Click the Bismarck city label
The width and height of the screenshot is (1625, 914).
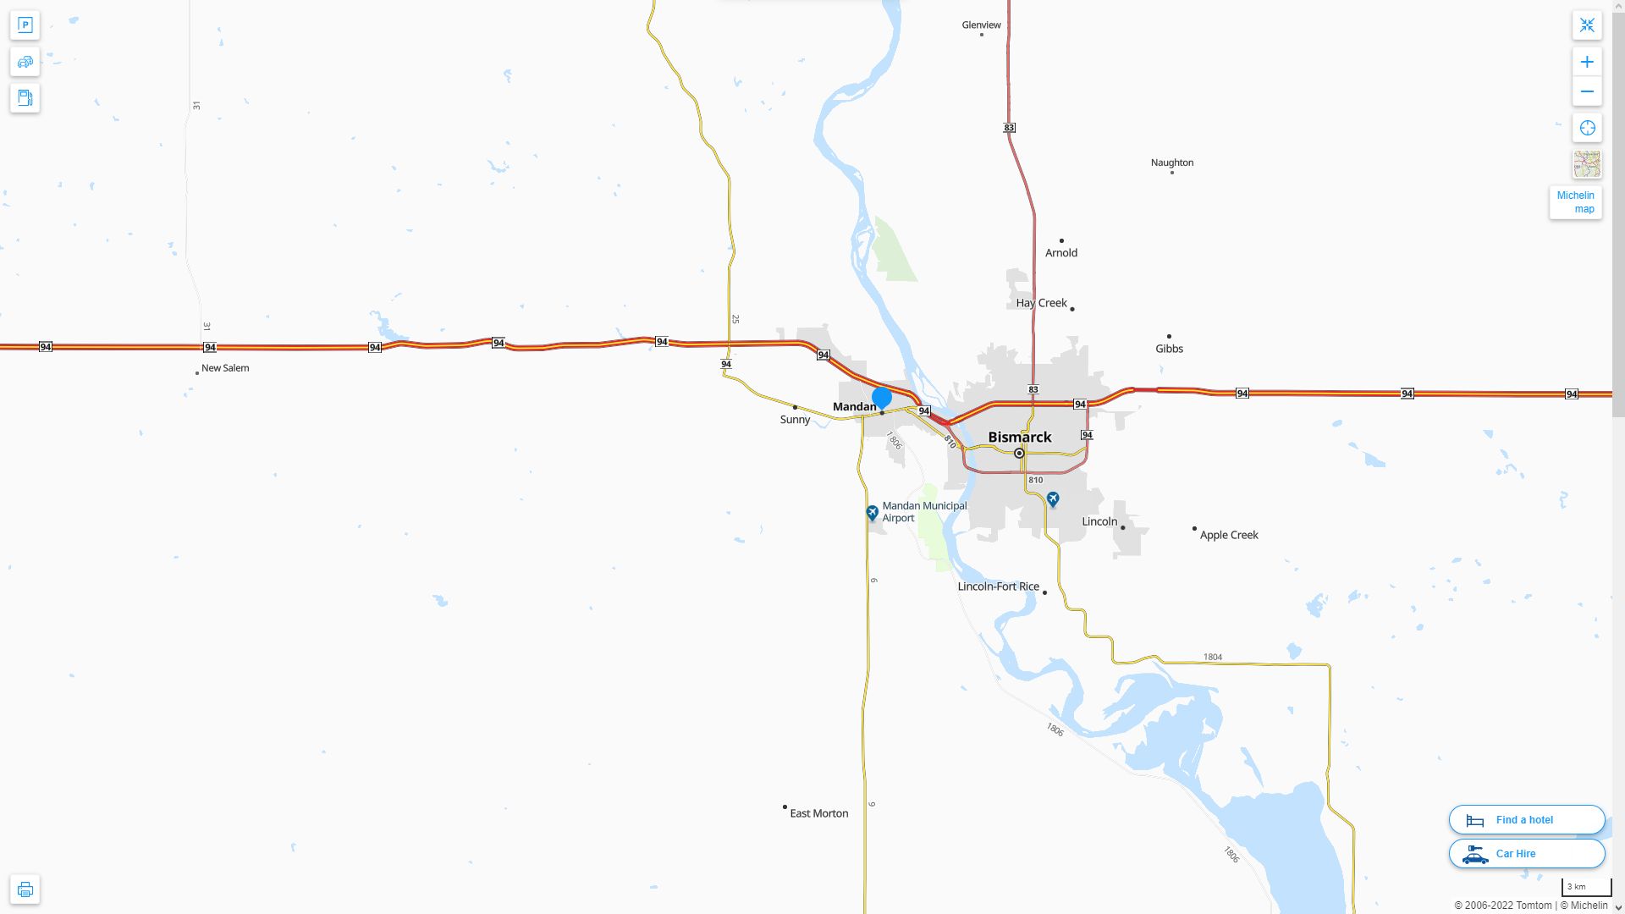[1020, 438]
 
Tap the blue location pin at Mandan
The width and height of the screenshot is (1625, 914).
[882, 398]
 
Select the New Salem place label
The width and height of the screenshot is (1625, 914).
[225, 368]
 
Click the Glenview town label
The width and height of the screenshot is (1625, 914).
[981, 25]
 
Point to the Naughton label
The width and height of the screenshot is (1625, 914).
[1171, 162]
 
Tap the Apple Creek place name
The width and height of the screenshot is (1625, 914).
[1229, 535]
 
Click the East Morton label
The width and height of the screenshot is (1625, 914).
[818, 813]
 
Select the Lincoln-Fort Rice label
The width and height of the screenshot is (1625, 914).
[998, 586]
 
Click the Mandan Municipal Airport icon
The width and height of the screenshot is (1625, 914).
[872, 513]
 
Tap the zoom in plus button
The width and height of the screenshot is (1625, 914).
[1587, 62]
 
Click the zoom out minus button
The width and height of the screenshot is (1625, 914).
[1587, 91]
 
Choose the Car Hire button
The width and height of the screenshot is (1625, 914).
[1527, 853]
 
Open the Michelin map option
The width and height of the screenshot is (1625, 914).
[1575, 202]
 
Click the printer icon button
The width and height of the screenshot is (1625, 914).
[25, 889]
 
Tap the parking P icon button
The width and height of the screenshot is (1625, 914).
[25, 25]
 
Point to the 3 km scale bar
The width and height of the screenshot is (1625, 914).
[1585, 887]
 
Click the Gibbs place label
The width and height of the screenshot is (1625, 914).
[1169, 349]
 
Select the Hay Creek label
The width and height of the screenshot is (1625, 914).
[1041, 303]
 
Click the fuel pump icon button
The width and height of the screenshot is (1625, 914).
[25, 98]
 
